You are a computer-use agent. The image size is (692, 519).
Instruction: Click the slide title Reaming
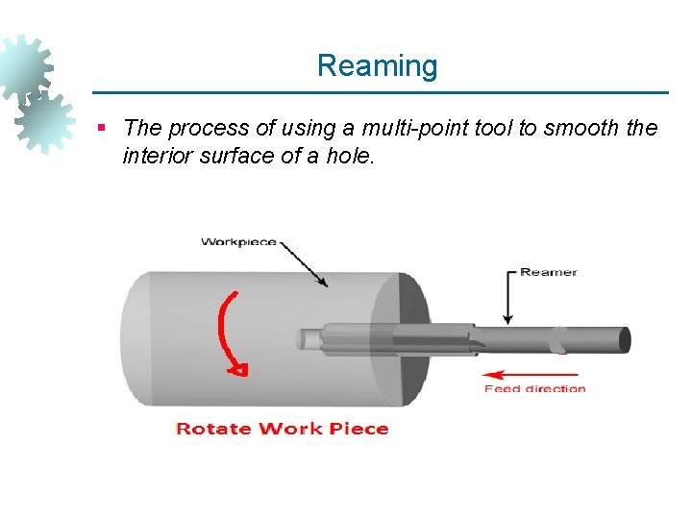point(377,66)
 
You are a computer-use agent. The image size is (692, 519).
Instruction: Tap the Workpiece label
point(237,241)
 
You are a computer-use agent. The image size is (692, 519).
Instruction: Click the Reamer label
point(548,272)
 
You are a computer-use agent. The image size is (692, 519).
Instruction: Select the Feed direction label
point(534,389)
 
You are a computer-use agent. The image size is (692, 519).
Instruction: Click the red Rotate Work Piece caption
point(283,429)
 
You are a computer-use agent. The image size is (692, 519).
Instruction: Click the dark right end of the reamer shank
point(624,339)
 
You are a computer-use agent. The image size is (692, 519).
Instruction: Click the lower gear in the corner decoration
point(45,121)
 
